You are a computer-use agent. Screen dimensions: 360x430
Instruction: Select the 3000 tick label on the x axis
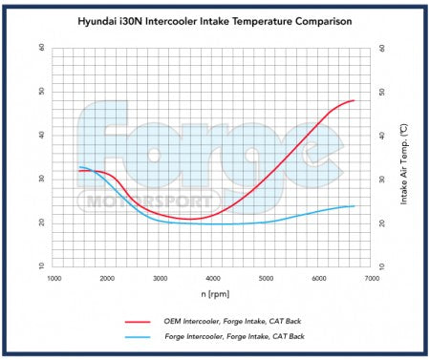click(160, 278)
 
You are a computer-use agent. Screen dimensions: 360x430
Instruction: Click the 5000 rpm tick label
click(266, 278)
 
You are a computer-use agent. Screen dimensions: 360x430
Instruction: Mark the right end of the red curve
click(355, 100)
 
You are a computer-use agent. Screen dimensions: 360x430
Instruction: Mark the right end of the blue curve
click(355, 206)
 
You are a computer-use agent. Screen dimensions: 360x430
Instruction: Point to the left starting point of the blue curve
click(79, 167)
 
